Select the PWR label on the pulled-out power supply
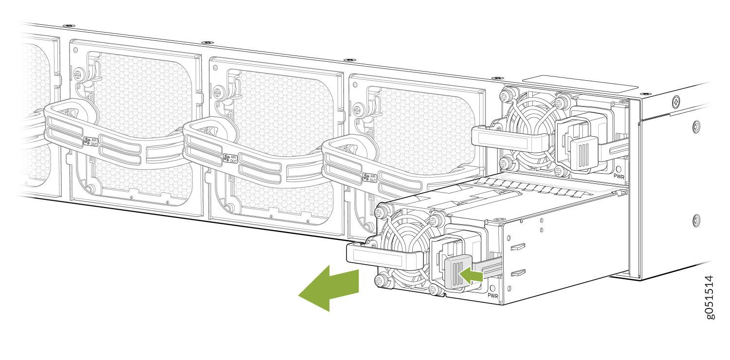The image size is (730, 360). [x=493, y=296]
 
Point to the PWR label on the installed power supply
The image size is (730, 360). [x=619, y=177]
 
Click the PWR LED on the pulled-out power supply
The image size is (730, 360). [x=493, y=288]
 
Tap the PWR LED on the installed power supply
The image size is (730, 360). [x=619, y=169]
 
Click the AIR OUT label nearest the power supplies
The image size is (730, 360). [x=370, y=178]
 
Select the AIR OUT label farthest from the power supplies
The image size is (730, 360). [x=91, y=142]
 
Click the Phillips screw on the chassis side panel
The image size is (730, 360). [x=676, y=102]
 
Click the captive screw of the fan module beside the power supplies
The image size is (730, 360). [x=358, y=109]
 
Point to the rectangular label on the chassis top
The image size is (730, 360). [x=581, y=83]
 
